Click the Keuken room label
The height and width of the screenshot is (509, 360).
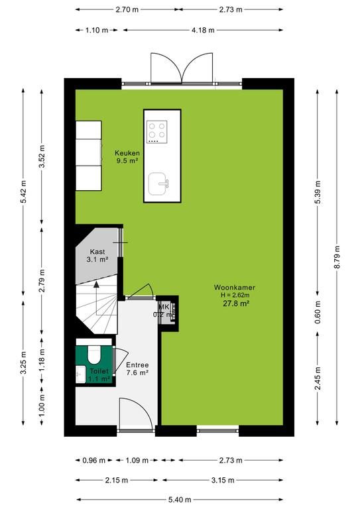(127, 153)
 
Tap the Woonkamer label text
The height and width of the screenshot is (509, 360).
(235, 287)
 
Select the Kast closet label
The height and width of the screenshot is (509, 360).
(97, 252)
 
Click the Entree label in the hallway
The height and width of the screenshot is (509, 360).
(137, 365)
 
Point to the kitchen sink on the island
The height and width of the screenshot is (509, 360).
(158, 184)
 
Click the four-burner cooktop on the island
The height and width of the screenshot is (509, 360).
(156, 132)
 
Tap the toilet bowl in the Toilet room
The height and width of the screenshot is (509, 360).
(94, 355)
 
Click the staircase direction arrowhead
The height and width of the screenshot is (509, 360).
(96, 285)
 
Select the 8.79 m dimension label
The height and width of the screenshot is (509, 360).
(337, 256)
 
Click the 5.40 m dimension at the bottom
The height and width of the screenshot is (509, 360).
(180, 500)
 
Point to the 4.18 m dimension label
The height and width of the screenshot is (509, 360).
(203, 30)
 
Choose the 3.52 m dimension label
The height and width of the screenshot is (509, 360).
(42, 157)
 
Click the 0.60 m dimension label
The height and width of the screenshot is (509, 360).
(318, 312)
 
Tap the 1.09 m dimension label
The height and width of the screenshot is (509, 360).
(137, 461)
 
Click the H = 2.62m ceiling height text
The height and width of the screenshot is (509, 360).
(235, 295)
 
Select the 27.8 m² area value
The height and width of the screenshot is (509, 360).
(236, 304)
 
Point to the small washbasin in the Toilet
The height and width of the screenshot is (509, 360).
(80, 374)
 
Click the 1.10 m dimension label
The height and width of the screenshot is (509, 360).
(97, 30)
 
